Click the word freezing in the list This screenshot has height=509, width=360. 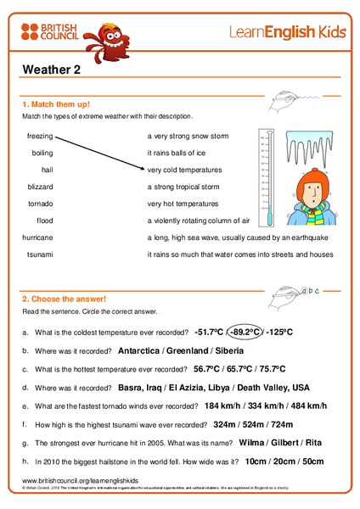click(x=40, y=136)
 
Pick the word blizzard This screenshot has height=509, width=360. click(x=40, y=187)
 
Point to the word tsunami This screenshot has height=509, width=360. click(x=39, y=255)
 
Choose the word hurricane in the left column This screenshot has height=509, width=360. click(x=38, y=238)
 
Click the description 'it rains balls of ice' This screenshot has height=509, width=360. click(x=178, y=153)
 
